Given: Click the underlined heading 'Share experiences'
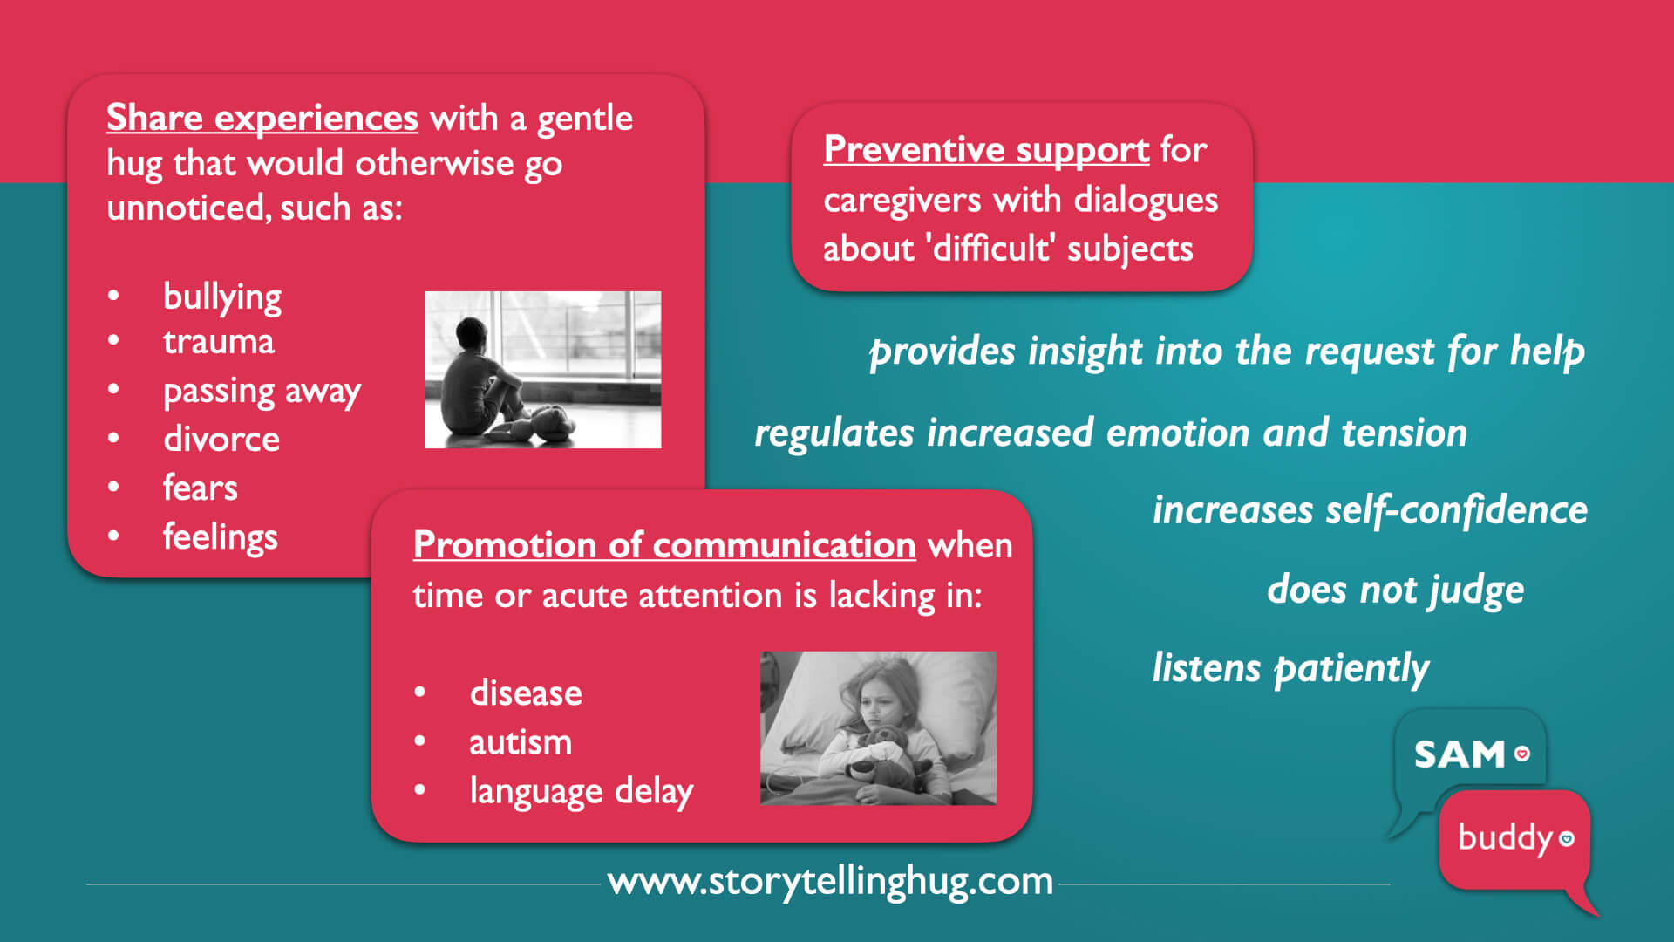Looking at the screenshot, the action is tap(262, 119).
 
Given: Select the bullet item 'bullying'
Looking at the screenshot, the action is tap(222, 298).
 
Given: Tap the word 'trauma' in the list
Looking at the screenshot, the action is tap(219, 342).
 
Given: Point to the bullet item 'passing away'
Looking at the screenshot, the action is tap(262, 392).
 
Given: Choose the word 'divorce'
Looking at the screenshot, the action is tap(221, 439).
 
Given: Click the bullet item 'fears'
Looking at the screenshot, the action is tap(201, 488).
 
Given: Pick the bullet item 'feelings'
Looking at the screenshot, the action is tap(221, 537).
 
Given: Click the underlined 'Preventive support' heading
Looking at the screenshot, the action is tap(986, 150).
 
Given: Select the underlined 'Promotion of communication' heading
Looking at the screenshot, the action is tap(664, 545).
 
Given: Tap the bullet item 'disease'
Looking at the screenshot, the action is tap(526, 693).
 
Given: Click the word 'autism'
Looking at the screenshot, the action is tap(521, 742).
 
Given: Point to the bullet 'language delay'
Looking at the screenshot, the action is tap(582, 792).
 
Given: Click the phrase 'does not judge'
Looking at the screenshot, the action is tap(1396, 590).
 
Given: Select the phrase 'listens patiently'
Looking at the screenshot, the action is tap(1291, 669).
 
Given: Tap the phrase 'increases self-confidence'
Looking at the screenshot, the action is tap(1371, 511).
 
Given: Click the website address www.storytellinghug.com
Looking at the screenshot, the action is tap(830, 882).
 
